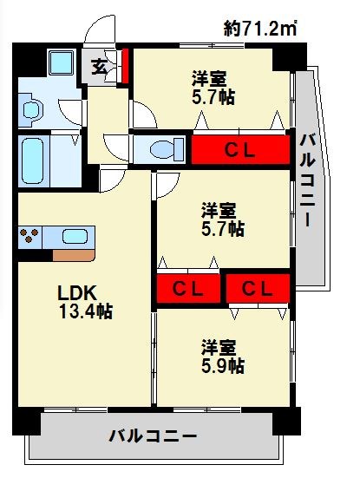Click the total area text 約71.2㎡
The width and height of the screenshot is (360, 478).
click(260, 29)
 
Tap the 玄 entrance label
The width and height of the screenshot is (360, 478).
click(100, 67)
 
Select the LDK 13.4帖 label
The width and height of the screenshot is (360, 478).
click(85, 302)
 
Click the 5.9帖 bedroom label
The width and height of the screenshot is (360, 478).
click(223, 366)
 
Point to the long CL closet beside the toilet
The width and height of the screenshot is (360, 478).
click(240, 150)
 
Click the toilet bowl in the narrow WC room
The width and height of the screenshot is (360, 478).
click(167, 149)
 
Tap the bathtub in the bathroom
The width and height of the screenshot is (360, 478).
click(33, 160)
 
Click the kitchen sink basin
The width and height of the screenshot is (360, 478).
click(75, 237)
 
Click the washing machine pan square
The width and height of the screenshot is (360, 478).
click(62, 62)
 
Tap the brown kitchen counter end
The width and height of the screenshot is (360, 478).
click(74, 255)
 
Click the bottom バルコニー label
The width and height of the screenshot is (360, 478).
click(153, 436)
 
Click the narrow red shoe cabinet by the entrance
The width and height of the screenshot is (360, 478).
click(125, 66)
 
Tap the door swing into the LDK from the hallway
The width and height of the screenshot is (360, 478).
click(112, 180)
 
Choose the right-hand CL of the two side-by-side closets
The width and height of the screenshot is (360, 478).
click(258, 288)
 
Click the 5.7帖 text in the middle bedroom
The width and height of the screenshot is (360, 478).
click(223, 229)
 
